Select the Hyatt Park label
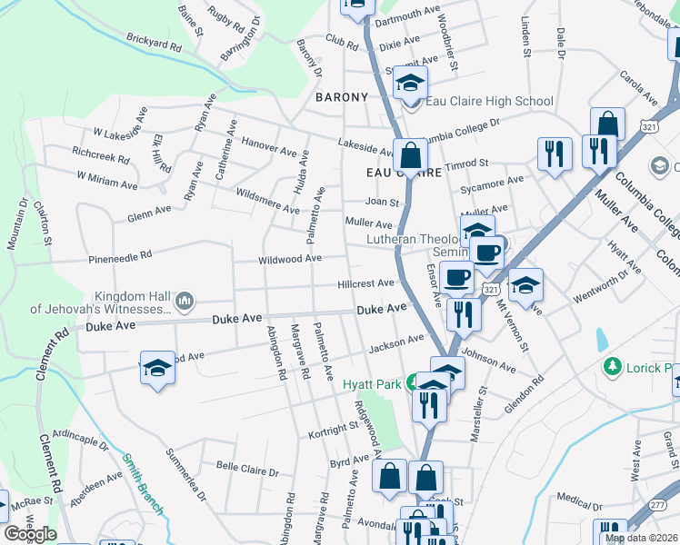[x=372, y=384]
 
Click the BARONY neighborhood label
[x=342, y=97]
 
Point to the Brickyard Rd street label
[x=155, y=43]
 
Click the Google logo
[x=30, y=534]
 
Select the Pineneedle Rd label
[x=120, y=259]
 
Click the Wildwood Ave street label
[x=290, y=259]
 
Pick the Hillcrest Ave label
[x=365, y=283]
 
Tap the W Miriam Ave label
[x=106, y=180]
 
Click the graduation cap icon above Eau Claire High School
[x=411, y=84]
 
